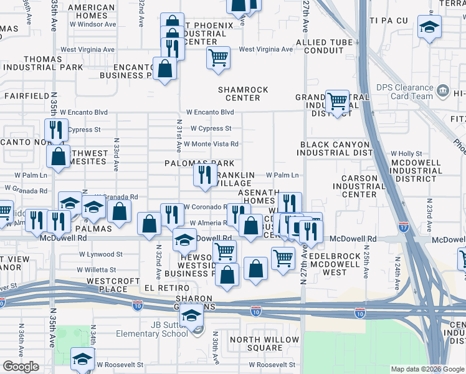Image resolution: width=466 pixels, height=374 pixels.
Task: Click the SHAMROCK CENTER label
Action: [x=242, y=93]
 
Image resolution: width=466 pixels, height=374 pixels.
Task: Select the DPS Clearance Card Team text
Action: [x=404, y=92]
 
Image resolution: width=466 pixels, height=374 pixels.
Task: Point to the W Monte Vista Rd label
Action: [x=211, y=144]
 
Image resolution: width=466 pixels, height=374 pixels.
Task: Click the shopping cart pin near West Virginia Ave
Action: [x=218, y=58]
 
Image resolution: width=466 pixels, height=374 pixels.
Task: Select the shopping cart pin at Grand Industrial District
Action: [x=338, y=100]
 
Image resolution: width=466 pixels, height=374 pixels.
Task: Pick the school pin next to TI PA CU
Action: [x=429, y=27]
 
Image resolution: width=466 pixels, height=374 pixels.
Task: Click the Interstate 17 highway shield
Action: [x=403, y=227]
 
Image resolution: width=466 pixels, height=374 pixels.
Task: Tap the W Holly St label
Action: [x=406, y=153]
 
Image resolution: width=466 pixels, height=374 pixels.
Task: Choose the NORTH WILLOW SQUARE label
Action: [x=256, y=343]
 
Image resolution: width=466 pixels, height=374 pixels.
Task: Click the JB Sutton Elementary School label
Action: [x=160, y=328]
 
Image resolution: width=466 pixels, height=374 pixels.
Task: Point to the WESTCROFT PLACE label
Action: [x=113, y=285]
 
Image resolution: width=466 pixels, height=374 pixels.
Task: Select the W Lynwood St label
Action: [x=100, y=254]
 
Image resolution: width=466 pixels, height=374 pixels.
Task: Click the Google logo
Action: [x=21, y=367]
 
